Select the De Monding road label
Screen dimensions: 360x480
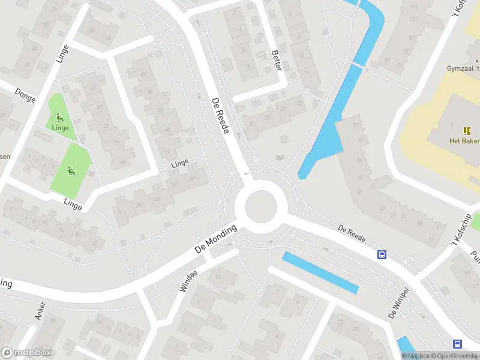[216, 238]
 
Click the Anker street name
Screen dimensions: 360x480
[40, 310]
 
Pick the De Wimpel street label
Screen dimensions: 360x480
[399, 302]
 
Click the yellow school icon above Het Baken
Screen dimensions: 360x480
[467, 130]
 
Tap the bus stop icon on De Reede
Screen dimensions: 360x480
[382, 254]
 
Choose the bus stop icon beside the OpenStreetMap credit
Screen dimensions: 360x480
[457, 344]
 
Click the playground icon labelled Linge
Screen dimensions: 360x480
[59, 117]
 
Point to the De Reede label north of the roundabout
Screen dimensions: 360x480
[221, 115]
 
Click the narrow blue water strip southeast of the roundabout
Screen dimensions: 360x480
[320, 272]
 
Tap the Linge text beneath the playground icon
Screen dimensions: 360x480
[60, 128]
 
